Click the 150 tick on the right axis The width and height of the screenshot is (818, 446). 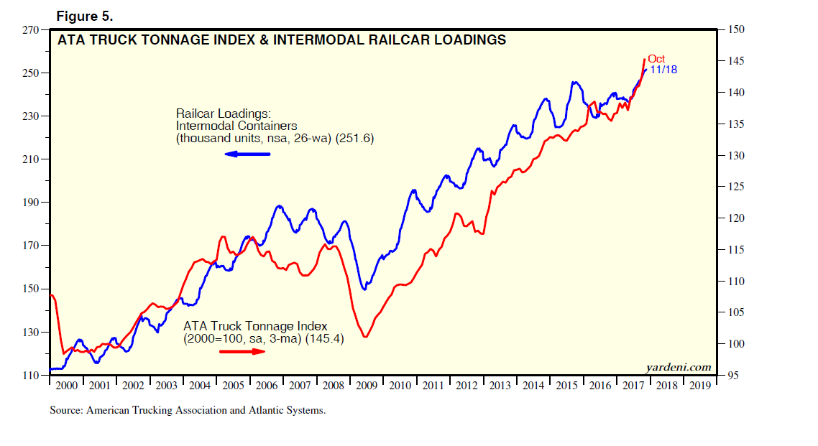pos(737,30)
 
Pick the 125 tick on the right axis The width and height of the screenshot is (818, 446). pos(737,187)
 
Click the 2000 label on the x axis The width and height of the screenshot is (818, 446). pos(66,386)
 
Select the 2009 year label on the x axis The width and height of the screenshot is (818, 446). pos(366,386)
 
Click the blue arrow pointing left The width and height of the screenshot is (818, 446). pos(247,154)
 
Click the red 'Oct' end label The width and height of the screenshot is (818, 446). pos(656,59)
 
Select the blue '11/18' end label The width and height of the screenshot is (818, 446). pos(663,70)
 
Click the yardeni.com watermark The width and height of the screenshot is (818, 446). pos(678,367)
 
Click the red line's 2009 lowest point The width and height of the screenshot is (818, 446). pos(366,337)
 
